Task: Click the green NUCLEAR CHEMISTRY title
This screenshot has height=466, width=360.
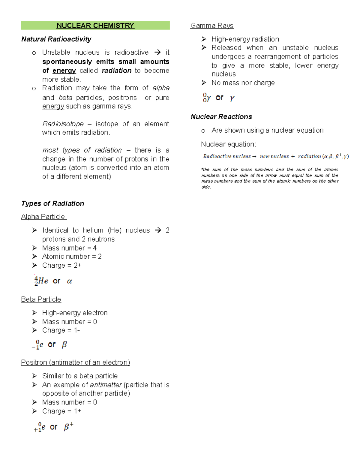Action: coord(95,26)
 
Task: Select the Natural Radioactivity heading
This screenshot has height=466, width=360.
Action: coord(56,39)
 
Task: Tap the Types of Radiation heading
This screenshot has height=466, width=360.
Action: coord(52,203)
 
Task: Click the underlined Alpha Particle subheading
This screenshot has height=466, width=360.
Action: coord(43,217)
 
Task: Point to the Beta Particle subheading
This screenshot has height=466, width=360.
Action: coord(41,299)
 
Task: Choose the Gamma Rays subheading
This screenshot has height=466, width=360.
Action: coord(211,26)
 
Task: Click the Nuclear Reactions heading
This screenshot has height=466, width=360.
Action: coord(221,117)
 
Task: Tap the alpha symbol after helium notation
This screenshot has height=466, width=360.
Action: coord(69,281)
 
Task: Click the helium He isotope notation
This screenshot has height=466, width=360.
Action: coord(41,281)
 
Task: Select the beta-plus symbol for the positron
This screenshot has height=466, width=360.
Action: coord(68,426)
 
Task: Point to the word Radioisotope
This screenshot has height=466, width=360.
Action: coord(63,124)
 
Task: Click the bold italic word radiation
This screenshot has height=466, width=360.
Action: coord(116,71)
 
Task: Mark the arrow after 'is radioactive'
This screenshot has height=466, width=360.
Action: coord(157,53)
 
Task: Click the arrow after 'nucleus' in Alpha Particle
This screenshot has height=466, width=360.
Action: coord(157,230)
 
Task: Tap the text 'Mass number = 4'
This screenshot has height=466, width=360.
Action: coord(69,248)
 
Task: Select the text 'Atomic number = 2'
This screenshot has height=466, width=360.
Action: coord(72,257)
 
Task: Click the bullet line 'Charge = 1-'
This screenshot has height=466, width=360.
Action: coord(61,330)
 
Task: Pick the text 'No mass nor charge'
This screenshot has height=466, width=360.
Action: coord(243,83)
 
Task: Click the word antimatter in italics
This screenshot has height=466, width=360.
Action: coord(106,385)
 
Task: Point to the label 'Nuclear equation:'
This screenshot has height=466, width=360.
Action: coord(229,144)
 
